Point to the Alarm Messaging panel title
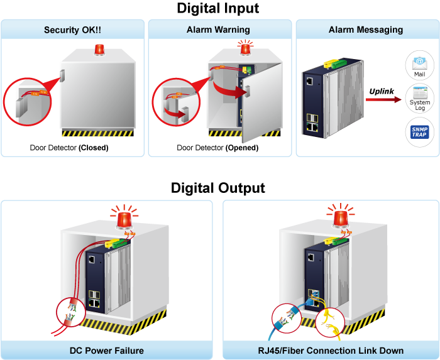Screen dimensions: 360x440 (x=366, y=30)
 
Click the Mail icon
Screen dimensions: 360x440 (x=419, y=65)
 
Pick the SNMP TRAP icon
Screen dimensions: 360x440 (x=419, y=133)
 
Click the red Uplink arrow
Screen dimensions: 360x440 (x=384, y=100)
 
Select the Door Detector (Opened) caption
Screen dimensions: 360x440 (x=217, y=148)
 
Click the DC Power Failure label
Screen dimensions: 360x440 (x=107, y=351)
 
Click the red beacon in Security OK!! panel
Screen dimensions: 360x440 (x=99, y=49)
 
